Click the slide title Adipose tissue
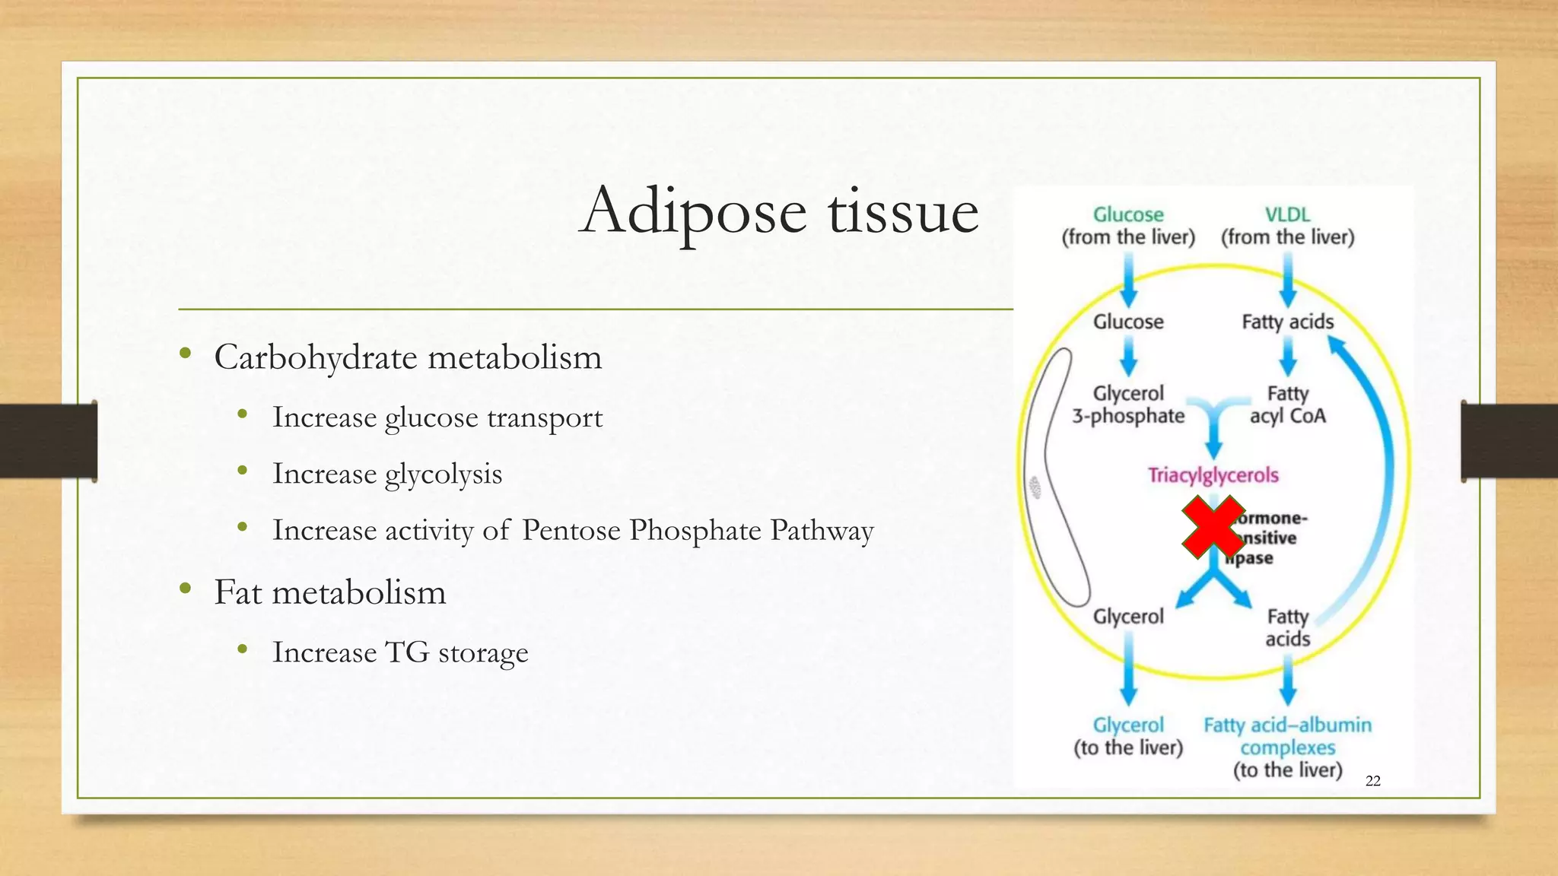778,211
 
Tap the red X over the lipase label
1213,528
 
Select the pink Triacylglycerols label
1213,475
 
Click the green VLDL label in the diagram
1287,215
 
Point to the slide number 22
1372,781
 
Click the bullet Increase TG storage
400,652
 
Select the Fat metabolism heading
329,592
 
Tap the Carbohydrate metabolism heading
408,357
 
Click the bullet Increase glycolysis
387,474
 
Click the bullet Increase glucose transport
437,417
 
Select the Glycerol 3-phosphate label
1128,405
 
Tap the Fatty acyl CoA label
1287,405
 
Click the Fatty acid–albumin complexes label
1287,736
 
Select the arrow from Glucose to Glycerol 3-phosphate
1129,356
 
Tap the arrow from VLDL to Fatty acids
1287,279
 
